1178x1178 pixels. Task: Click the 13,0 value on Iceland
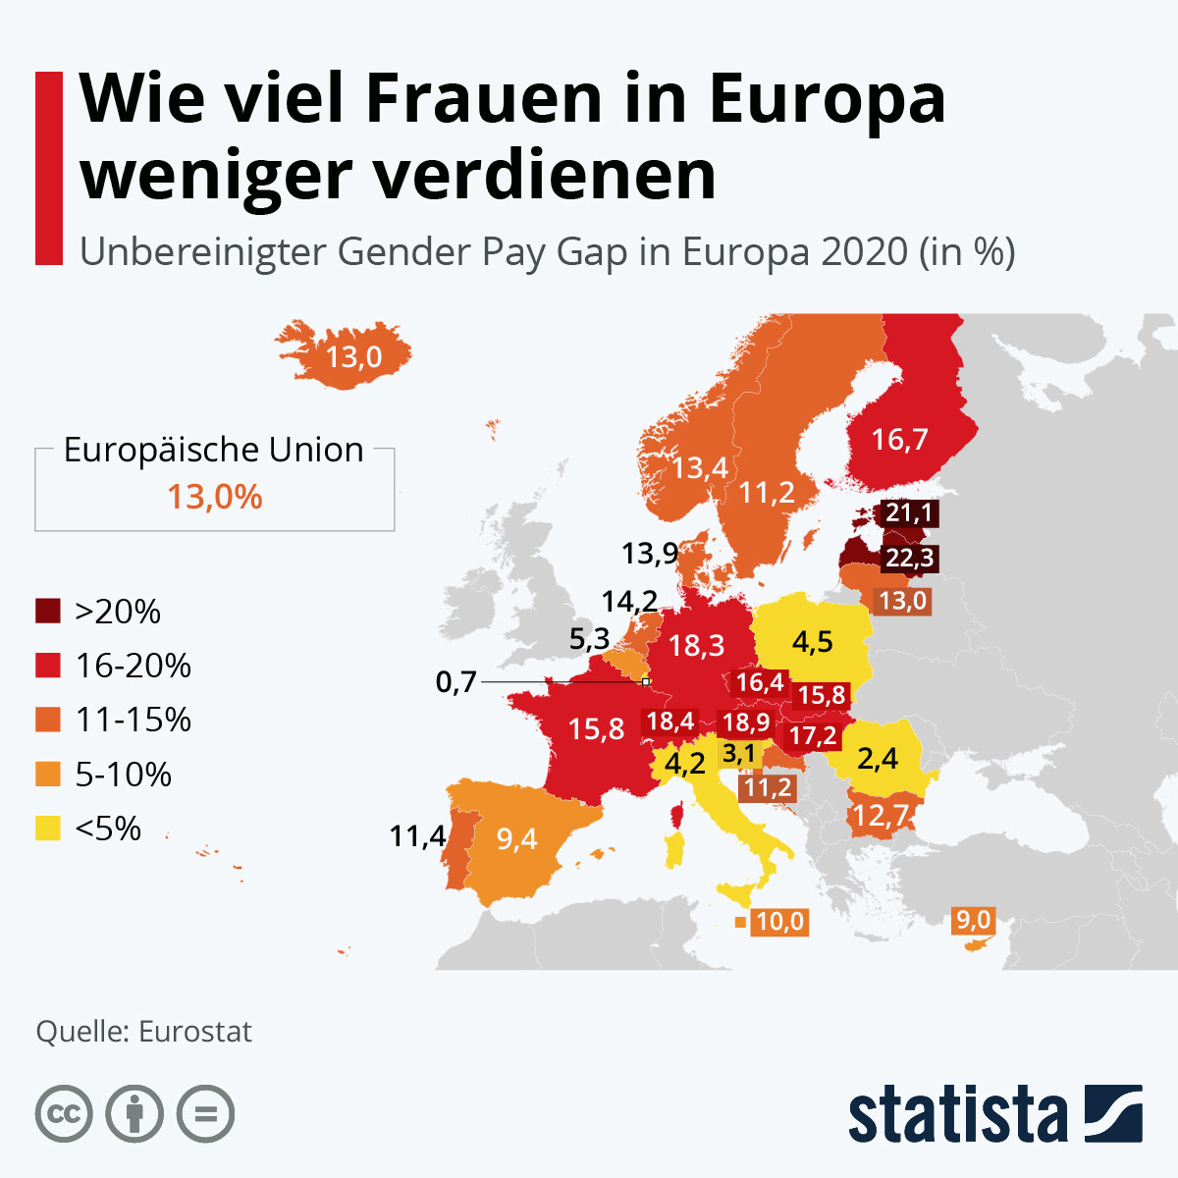pos(353,355)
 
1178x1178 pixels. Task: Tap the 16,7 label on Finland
pos(899,439)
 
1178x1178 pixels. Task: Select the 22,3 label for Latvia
pos(909,559)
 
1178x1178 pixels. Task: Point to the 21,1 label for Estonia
pos(909,512)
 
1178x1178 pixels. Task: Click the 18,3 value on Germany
pos(696,645)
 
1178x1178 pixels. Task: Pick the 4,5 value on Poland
pos(812,642)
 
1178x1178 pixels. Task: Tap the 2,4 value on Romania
pos(877,758)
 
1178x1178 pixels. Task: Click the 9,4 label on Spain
pos(516,838)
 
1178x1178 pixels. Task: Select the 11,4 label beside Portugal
pos(417,836)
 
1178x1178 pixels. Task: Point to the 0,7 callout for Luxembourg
pos(455,681)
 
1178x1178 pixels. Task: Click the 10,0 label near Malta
pos(779,922)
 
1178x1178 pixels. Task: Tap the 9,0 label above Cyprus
pos(973,920)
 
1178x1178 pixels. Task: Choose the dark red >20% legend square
pos(48,611)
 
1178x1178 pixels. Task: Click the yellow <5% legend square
pos(48,829)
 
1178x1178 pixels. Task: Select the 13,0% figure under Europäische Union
pos(214,497)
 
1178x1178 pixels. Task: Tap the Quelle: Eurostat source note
pos(143,1032)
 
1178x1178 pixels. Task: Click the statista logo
pos(994,1114)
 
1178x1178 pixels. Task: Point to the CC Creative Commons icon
pos(64,1114)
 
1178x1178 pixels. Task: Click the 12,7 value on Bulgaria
pos(881,815)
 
